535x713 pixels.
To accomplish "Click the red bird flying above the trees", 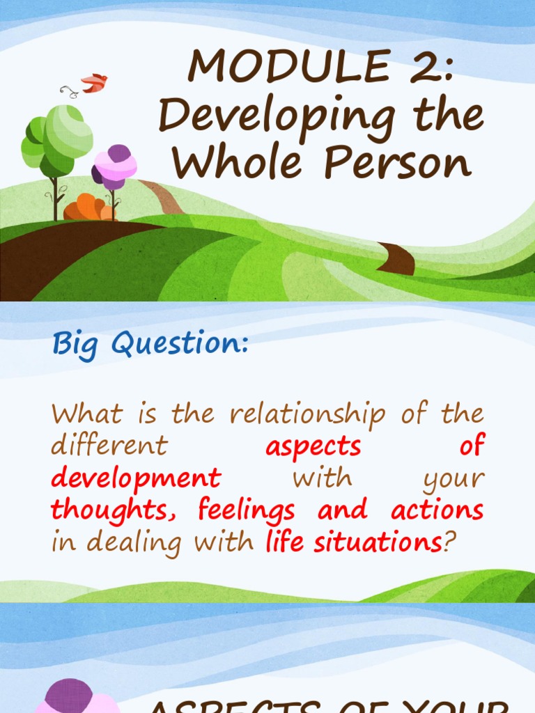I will (94, 83).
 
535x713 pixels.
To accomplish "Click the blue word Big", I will (75, 344).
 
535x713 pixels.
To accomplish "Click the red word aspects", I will (313, 447).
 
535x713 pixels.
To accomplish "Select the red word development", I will (136, 478).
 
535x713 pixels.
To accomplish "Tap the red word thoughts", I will (118, 510).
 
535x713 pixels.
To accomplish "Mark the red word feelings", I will (247, 510).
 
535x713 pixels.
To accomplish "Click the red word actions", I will (437, 510).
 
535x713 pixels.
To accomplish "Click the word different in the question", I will (109, 446).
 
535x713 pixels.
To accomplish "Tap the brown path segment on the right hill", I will (397, 258).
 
